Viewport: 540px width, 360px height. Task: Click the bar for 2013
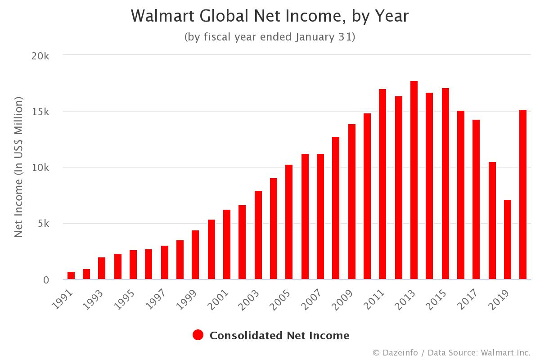[414, 180]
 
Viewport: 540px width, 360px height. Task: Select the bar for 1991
[71, 275]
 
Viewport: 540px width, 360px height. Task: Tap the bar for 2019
[508, 239]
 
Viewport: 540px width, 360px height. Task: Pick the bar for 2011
[382, 184]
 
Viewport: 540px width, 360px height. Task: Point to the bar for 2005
[289, 222]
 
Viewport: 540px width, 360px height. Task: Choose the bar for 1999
[195, 255]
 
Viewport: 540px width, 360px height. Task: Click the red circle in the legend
[198, 335]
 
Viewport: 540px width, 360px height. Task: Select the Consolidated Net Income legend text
[279, 335]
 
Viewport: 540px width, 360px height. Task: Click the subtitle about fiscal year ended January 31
[270, 37]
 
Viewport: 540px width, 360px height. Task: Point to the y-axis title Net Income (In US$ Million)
[18, 167]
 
